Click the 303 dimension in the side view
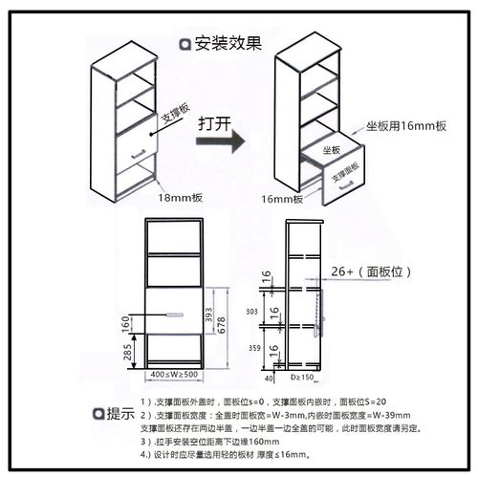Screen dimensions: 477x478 (x=252, y=312)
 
